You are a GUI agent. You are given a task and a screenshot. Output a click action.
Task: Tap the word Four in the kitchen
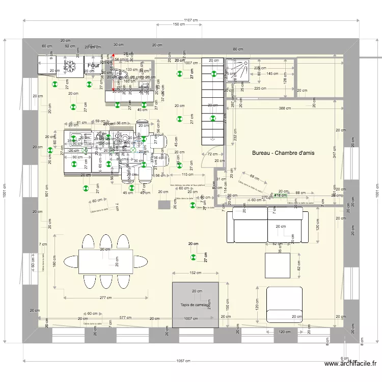(93, 66)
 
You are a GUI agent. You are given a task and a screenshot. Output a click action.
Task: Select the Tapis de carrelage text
(195, 305)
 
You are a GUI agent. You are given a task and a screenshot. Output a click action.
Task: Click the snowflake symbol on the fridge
(72, 66)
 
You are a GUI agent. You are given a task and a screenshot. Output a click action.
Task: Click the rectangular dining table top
(105, 261)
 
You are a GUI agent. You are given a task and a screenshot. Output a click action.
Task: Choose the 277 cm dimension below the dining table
(106, 297)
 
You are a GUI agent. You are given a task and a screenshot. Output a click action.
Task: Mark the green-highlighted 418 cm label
(280, 195)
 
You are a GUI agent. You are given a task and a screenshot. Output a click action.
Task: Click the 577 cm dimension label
(125, 318)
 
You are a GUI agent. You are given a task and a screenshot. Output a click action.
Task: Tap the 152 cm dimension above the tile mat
(195, 273)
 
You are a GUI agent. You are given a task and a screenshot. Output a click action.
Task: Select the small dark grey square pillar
(164, 205)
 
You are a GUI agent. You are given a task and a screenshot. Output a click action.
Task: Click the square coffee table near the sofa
(277, 265)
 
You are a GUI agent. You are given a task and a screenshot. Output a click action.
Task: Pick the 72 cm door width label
(209, 153)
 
